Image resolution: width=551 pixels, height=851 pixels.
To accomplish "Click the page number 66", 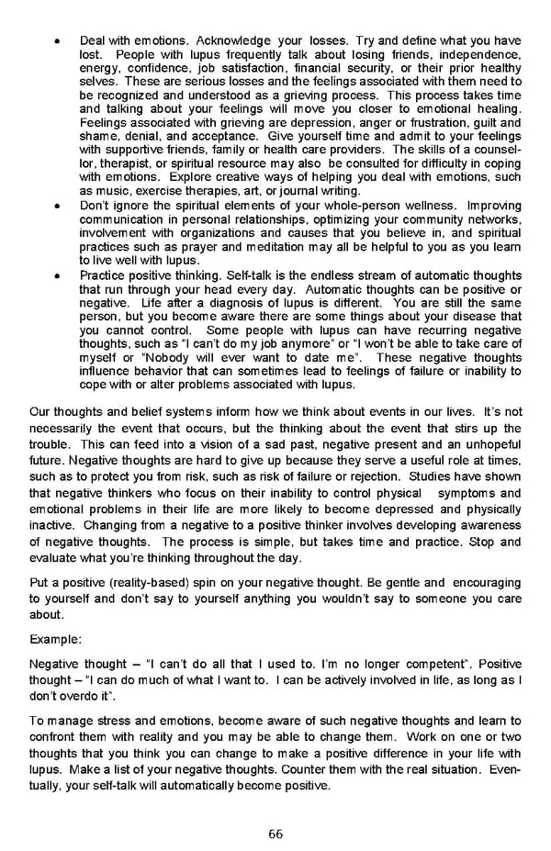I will point(275,834).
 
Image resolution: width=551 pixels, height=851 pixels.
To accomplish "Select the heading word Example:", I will point(55,637).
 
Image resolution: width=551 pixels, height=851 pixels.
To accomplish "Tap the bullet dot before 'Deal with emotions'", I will point(58,41).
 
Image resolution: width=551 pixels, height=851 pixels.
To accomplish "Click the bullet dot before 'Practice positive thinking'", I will point(58,274).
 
